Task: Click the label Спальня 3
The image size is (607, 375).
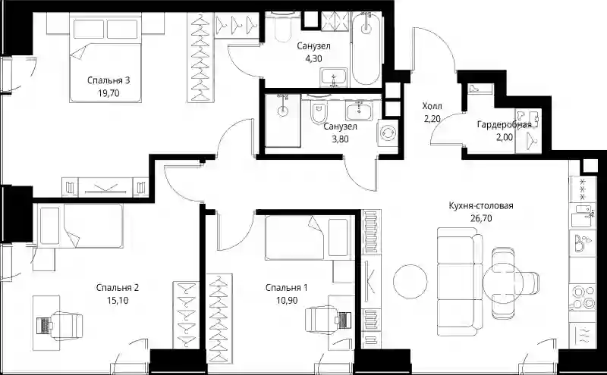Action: click(x=109, y=80)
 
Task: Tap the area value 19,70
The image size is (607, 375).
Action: click(x=109, y=93)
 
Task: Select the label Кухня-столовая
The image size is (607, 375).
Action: click(x=481, y=205)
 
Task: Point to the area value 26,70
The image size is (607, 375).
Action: click(x=481, y=218)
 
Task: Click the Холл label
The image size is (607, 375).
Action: click(x=432, y=106)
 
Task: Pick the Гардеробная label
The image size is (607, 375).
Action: click(x=504, y=125)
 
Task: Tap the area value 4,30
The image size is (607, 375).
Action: click(x=313, y=59)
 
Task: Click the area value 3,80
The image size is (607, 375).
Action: click(x=340, y=139)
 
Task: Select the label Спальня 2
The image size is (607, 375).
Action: click(x=118, y=288)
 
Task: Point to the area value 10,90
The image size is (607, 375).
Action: click(x=287, y=301)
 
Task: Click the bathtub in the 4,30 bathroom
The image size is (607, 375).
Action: click(x=366, y=48)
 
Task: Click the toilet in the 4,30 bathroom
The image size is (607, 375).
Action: click(x=281, y=27)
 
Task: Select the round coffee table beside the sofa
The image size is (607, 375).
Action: click(x=410, y=281)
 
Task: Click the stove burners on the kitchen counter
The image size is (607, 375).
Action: click(x=582, y=297)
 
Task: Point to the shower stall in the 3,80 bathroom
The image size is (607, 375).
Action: click(x=283, y=120)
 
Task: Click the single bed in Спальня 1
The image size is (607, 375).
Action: click(x=309, y=238)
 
